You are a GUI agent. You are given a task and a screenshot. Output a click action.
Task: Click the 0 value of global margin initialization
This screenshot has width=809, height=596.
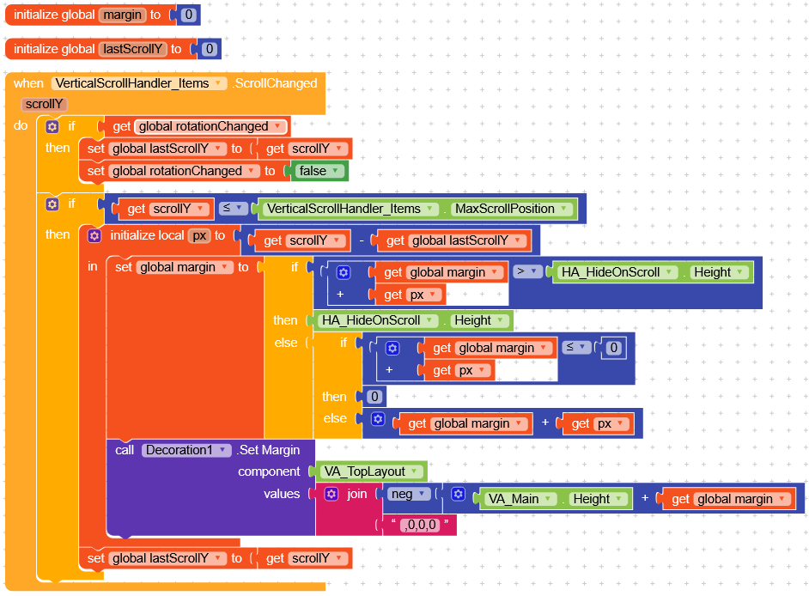pos(188,15)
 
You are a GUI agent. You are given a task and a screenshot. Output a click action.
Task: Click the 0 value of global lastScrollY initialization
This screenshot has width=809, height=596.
pos(209,49)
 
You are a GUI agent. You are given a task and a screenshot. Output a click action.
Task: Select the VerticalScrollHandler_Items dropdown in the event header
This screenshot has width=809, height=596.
pos(139,83)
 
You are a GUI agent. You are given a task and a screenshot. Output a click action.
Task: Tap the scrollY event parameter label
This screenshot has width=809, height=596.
pos(45,104)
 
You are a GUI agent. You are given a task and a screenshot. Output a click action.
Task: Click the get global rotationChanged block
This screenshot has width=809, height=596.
pos(194,126)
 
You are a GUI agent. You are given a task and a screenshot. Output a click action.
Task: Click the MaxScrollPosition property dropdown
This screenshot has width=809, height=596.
pos(511,209)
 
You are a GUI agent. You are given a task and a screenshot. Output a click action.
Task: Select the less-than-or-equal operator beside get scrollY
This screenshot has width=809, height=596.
pos(232,208)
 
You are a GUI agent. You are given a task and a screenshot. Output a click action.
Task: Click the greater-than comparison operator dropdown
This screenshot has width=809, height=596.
pos(526,271)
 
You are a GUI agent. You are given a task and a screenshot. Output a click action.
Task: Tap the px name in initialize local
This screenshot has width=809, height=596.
pos(199,236)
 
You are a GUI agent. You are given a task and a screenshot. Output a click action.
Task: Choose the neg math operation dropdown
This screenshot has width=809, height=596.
pos(408,494)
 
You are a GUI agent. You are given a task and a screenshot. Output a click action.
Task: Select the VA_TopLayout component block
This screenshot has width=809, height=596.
pos(371,471)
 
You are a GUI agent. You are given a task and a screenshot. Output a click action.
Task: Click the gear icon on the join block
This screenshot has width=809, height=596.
pos(332,494)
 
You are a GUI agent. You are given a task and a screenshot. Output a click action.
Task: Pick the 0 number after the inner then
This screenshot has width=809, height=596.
pos(374,397)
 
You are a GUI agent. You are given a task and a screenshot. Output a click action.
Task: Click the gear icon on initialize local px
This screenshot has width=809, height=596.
pos(94,236)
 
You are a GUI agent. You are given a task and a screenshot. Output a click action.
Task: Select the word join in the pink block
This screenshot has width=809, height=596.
pos(357,494)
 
